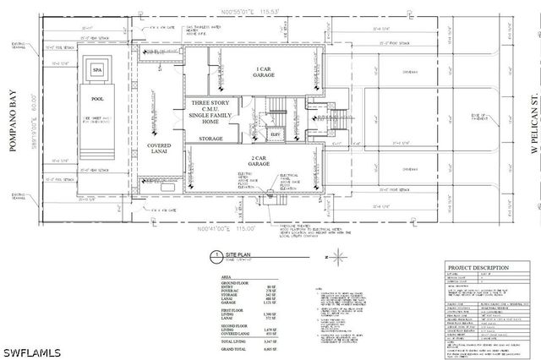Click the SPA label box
point(97,70)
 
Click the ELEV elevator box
point(276,134)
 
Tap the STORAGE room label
point(210,138)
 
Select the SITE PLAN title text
point(238,254)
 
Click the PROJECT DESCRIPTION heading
point(478,268)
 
